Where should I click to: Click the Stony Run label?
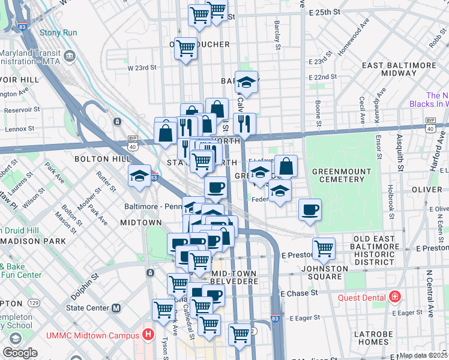tap(58, 32)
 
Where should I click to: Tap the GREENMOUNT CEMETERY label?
tap(342, 176)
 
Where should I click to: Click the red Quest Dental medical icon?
tap(394, 296)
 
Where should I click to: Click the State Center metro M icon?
tap(116, 308)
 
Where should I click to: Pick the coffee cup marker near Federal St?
tap(310, 210)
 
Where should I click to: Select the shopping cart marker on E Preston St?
tap(324, 248)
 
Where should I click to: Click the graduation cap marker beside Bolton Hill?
tap(139, 176)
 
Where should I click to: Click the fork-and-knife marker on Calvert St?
tap(244, 124)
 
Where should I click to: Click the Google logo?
tap(20, 353)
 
